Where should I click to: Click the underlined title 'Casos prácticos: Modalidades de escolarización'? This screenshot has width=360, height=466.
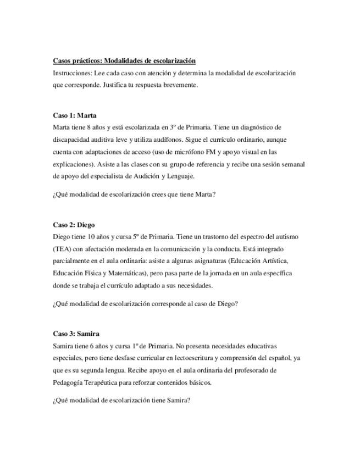click(124, 60)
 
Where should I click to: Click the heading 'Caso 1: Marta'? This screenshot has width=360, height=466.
click(75, 115)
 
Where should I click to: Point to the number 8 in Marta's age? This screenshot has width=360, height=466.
click(88, 127)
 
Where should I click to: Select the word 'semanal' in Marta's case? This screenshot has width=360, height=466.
click(293, 164)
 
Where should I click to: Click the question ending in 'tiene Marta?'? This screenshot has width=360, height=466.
click(134, 194)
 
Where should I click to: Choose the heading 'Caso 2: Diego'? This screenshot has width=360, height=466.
click(74, 224)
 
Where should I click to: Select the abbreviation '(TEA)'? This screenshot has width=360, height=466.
click(62, 248)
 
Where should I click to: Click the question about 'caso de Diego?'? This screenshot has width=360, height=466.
click(145, 303)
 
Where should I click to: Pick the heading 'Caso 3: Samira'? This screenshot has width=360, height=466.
click(76, 334)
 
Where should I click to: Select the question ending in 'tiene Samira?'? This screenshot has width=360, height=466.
click(121, 400)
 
